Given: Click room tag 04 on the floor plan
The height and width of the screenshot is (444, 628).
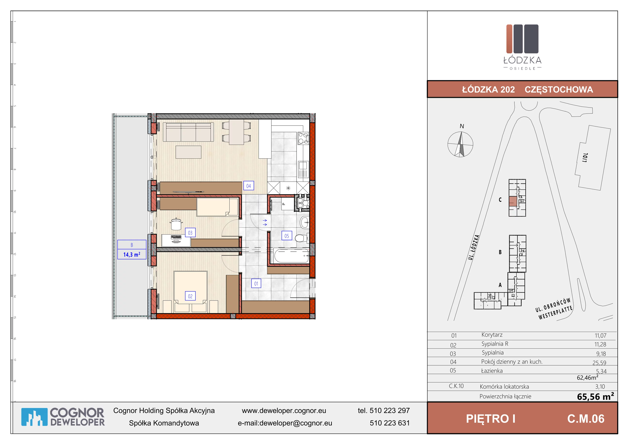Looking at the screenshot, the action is (249, 186).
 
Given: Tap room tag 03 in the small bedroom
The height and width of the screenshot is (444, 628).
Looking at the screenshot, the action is (190, 233).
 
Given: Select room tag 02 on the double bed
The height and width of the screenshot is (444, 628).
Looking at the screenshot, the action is (190, 296).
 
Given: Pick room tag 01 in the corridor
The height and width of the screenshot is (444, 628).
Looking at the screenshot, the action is (256, 283).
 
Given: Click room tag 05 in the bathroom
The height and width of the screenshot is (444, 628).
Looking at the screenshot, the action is (287, 236).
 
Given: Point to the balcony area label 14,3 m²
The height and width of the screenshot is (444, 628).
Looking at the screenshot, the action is (132, 254).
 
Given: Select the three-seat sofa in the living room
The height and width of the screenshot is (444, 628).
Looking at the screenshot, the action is (188, 132).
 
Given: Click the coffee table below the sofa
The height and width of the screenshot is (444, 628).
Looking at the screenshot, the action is (188, 152).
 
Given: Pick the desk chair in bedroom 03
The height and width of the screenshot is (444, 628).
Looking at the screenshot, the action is (176, 224).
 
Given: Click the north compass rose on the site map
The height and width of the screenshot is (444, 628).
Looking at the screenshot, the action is (460, 144).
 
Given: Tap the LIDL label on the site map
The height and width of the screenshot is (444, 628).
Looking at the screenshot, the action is (585, 158).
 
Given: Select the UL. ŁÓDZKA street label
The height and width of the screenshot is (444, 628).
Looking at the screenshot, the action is (474, 247).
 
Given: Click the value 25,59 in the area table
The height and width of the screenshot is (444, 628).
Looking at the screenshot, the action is (599, 363).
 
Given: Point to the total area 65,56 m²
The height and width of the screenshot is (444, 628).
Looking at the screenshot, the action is (595, 396).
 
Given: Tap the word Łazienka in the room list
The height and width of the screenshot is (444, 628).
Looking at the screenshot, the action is (492, 371).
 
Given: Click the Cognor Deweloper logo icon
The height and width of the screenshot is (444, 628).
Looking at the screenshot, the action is (35, 417).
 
